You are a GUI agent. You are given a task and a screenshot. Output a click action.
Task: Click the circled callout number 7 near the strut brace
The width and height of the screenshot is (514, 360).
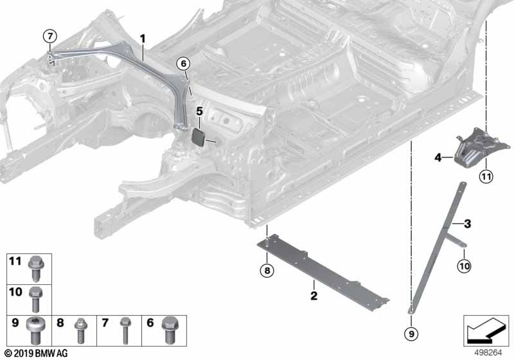coord(51,35)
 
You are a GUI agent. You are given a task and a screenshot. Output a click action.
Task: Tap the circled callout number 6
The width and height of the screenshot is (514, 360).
coord(183,63)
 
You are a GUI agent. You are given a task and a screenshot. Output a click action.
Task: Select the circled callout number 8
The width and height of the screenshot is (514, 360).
coord(266,270)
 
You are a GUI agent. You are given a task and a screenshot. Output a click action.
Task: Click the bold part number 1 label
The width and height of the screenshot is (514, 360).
coord(143,39)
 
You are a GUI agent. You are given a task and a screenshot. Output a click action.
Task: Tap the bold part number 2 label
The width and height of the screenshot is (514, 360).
coord(314,296)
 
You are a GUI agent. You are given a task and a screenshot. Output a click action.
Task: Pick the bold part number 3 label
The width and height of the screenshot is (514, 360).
coord(468,224)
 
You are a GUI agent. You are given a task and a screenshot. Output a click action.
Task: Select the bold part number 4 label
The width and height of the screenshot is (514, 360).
coord(438,156)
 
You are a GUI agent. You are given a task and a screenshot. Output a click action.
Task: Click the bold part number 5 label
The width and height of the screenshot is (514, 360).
coord(199,111)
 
